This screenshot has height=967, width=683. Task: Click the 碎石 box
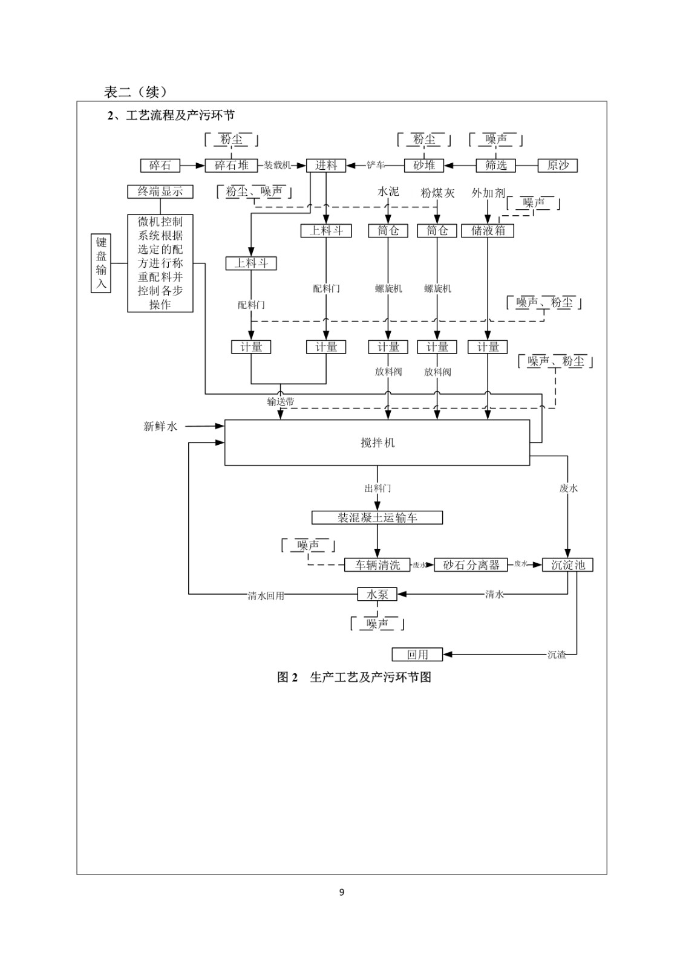point(160,165)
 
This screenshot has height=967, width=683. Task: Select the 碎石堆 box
point(232,165)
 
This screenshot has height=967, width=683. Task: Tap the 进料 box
point(325,165)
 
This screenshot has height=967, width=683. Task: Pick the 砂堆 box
point(424,165)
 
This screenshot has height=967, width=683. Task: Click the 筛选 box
point(496,165)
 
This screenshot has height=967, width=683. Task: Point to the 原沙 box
point(558,165)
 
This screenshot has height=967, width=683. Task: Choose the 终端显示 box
point(160,192)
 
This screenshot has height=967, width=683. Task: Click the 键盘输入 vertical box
point(101,263)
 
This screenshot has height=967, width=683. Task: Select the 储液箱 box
point(488,230)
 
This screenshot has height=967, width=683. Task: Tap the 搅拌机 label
point(377,443)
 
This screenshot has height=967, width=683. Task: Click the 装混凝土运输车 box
point(377,518)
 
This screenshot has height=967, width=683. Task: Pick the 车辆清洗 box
point(377,565)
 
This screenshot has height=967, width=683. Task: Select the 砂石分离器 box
point(471,565)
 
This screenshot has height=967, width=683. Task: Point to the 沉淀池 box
point(568,565)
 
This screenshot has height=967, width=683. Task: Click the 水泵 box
point(377,595)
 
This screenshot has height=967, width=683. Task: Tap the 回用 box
point(417,655)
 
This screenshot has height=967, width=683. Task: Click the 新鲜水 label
point(160,427)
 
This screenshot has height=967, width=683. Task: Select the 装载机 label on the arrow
point(277,165)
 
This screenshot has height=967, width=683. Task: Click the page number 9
point(342,892)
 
